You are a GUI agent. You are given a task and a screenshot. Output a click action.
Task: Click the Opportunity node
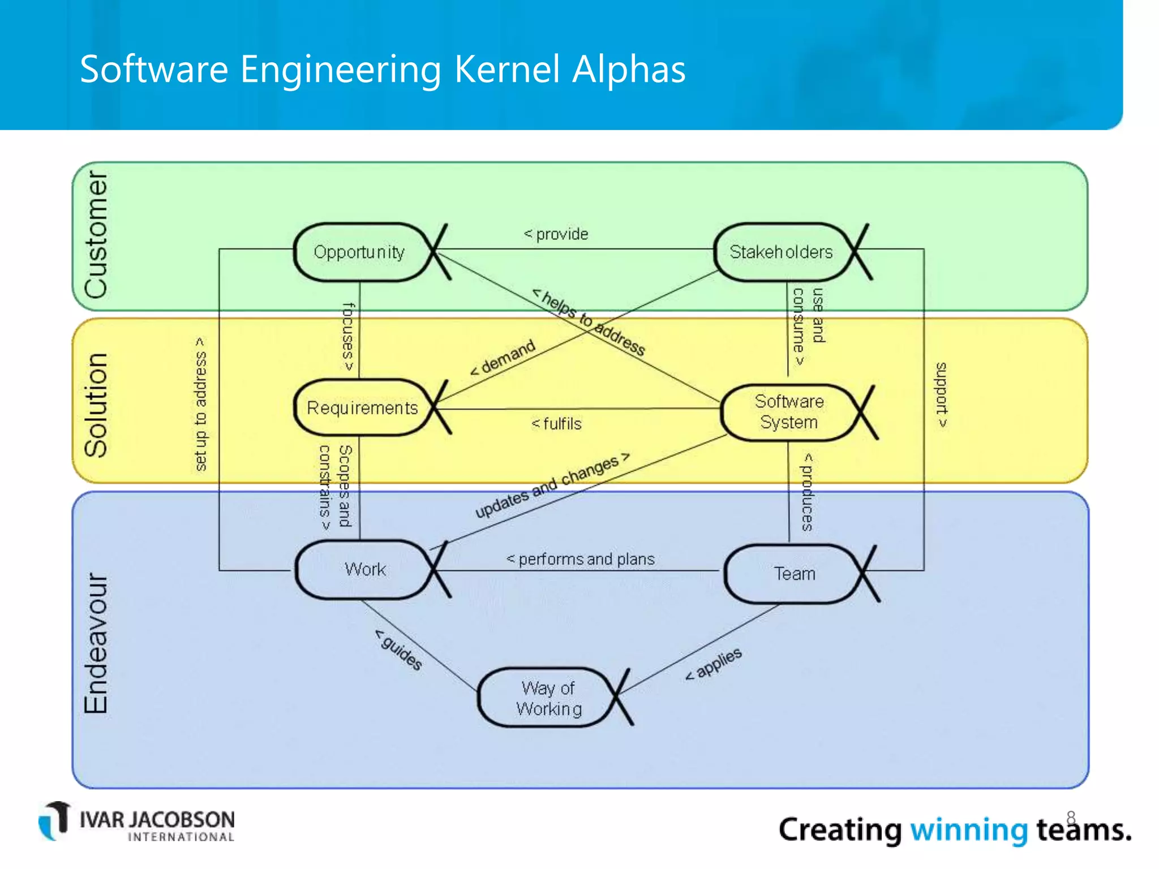(359, 252)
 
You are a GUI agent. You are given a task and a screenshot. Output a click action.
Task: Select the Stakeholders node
(781, 252)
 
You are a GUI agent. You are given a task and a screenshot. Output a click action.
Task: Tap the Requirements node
(362, 407)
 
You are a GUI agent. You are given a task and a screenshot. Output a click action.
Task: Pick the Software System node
(789, 412)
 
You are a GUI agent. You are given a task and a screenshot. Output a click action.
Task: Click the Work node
(365, 569)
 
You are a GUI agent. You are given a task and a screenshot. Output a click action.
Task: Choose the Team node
(795, 574)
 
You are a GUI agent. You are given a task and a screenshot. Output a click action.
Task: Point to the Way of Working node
(548, 698)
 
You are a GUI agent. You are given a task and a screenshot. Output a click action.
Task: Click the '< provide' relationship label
(556, 234)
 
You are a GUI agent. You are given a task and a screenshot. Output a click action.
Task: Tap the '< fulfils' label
(556, 424)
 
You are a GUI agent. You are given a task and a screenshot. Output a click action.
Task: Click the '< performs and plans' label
(580, 559)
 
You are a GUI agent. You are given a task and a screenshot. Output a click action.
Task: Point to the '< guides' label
(398, 649)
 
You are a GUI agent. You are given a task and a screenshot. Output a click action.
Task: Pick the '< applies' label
(714, 664)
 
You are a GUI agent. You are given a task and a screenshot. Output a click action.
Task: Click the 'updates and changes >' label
(552, 486)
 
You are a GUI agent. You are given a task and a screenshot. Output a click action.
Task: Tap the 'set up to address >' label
(200, 404)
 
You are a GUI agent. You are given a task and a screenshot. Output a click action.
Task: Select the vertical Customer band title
(96, 235)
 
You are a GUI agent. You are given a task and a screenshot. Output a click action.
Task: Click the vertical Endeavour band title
(96, 643)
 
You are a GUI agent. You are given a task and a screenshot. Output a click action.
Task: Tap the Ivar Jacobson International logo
(136, 822)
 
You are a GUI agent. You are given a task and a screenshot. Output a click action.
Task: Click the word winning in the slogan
(968, 830)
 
